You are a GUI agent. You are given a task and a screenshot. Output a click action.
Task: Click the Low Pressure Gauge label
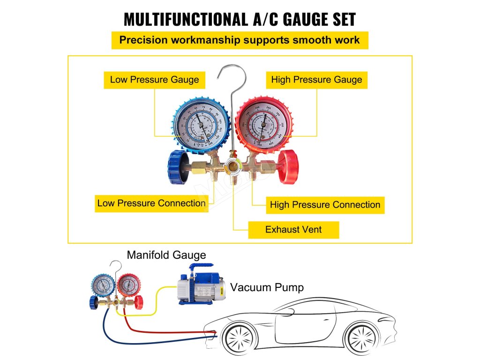click(154, 80)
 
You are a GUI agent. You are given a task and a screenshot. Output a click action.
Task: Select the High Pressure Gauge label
click(316, 80)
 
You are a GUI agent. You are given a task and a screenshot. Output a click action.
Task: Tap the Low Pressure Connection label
click(151, 203)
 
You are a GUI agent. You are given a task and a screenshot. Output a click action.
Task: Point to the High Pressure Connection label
click(325, 205)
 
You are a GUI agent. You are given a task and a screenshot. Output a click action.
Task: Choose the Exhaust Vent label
click(293, 230)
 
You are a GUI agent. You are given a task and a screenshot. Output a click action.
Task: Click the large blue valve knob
click(178, 166)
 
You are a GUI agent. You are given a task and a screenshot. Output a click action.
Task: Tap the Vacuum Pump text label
click(267, 287)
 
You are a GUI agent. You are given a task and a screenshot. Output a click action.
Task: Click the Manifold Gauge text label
click(166, 255)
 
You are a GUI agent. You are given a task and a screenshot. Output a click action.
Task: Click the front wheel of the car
click(240, 339)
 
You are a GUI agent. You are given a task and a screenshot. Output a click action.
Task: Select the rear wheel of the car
click(362, 338)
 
